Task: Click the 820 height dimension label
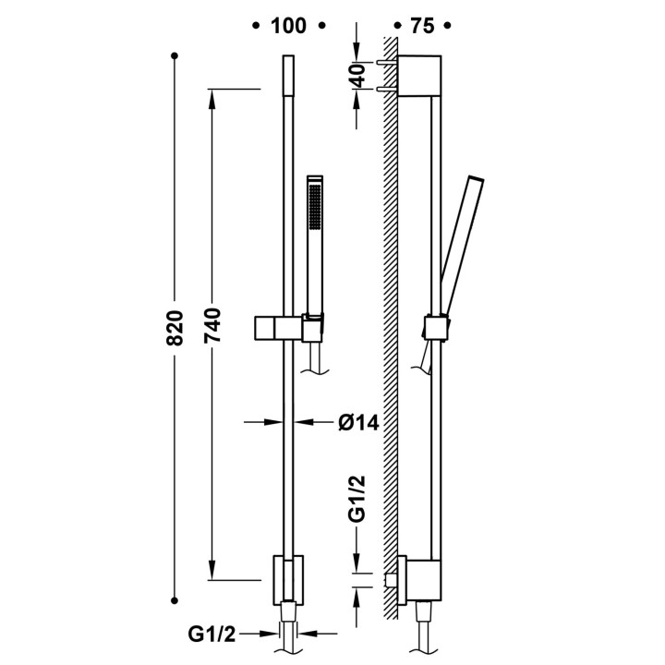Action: coord(175,328)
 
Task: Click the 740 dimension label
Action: coord(212,326)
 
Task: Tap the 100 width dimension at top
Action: coord(288,26)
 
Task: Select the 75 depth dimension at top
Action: coord(422,26)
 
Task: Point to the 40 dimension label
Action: coord(358,76)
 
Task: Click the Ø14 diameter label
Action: coord(358,422)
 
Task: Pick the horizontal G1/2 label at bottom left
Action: coord(212,634)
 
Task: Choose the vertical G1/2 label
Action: coord(357,499)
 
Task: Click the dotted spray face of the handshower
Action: coord(316,207)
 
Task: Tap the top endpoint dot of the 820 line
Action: coord(174,55)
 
